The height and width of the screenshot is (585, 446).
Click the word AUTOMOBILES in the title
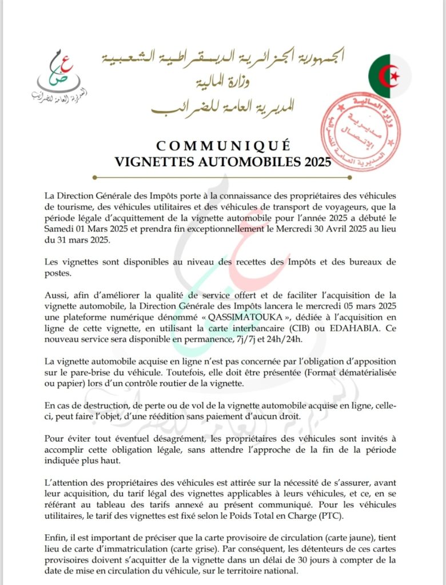248,162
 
